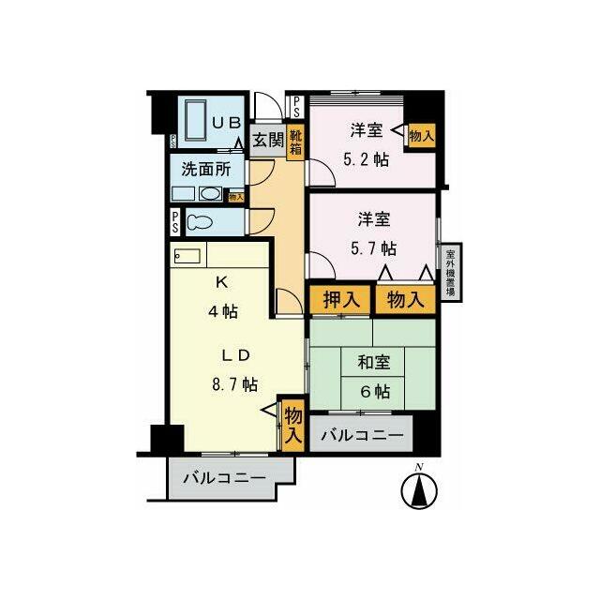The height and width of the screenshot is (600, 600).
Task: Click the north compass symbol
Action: (420, 487)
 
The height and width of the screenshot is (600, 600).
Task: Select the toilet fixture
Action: (200, 222)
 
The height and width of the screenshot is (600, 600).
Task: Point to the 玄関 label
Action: (268, 141)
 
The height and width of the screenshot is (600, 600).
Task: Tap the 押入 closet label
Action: (340, 300)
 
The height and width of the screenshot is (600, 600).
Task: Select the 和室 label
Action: (373, 359)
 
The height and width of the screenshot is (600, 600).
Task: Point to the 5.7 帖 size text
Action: (374, 248)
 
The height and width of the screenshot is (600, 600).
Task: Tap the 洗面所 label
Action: (206, 171)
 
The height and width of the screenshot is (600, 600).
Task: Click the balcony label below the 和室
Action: (362, 436)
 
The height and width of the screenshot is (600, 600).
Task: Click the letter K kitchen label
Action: (222, 281)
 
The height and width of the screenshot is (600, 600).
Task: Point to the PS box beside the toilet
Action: (175, 222)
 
